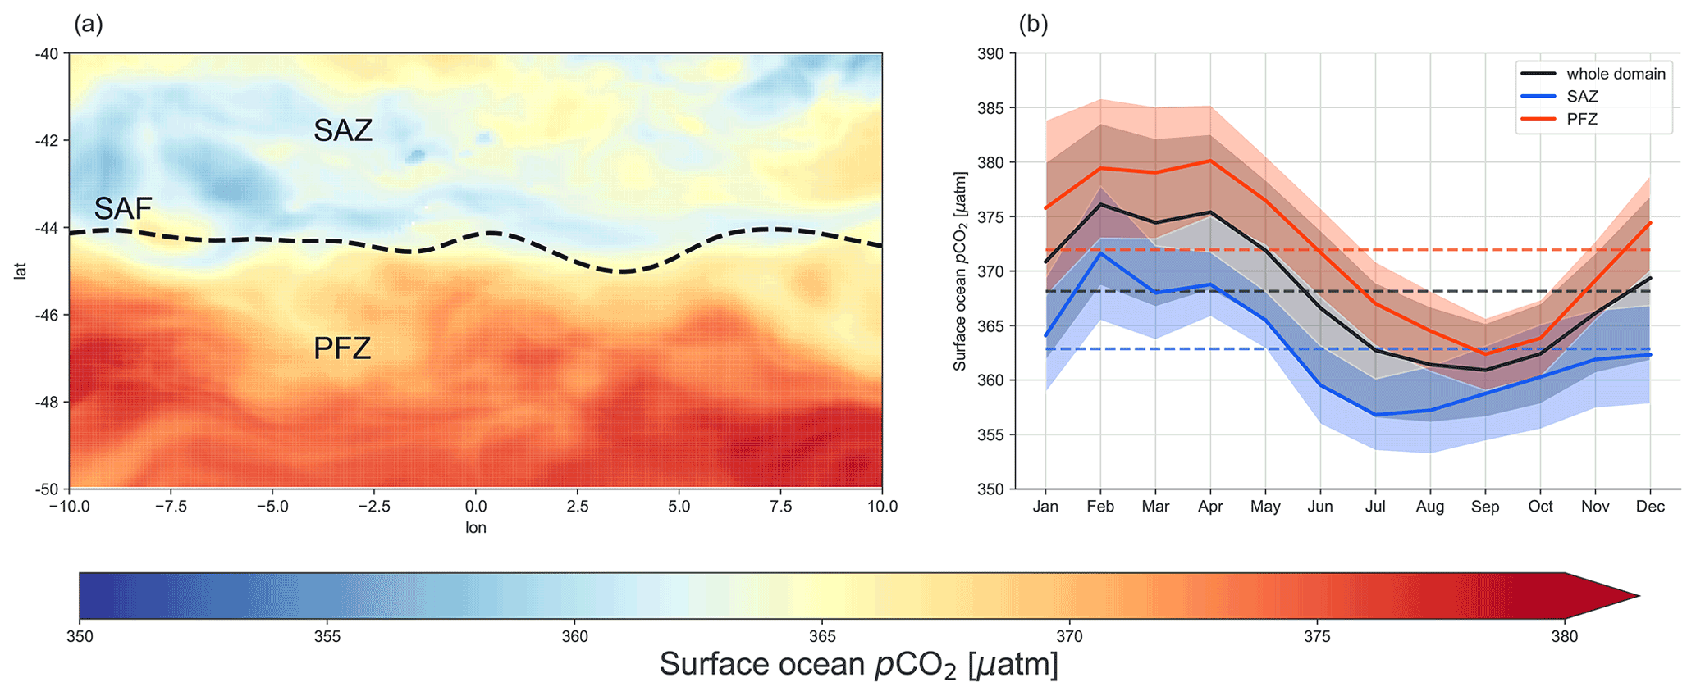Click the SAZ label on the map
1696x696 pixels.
343,130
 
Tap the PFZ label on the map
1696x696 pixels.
342,349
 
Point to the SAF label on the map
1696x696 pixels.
123,209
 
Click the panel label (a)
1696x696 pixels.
89,25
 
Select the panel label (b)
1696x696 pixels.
1033,25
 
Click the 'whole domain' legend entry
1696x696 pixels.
1616,74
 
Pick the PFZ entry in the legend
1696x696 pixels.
1582,120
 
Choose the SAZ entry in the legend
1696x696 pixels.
1582,97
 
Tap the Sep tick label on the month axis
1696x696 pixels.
1485,507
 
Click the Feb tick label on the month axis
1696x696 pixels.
1100,507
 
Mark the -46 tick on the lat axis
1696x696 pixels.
46,315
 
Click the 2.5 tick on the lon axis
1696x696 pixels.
578,507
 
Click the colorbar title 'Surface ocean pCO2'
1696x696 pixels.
858,665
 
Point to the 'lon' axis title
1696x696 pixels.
476,528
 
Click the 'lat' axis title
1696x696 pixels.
21,271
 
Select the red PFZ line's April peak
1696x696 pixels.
1210,161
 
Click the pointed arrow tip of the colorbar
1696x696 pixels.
1638,596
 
